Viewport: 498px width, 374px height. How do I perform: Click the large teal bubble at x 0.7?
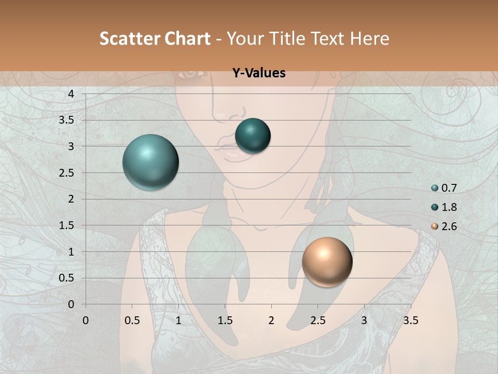point(150,162)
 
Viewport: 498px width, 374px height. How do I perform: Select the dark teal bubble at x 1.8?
point(253,136)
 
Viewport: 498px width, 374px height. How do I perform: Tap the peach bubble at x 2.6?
point(327,262)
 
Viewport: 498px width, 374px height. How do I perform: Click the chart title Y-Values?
point(259,73)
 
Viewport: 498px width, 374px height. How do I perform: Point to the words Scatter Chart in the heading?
point(155,38)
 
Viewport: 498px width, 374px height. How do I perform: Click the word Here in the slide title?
point(369,38)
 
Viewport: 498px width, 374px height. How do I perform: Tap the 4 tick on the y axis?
point(71,94)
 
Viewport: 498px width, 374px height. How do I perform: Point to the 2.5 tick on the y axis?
point(67,173)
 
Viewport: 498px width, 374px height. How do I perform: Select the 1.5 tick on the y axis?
point(67,225)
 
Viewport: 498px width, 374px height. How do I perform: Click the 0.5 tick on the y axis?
point(67,278)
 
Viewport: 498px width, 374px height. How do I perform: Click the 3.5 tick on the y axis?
point(67,120)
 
